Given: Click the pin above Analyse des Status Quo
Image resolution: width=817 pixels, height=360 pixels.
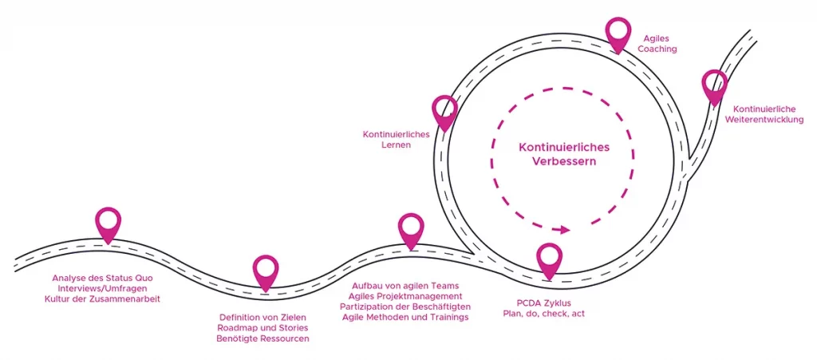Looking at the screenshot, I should click(108, 223).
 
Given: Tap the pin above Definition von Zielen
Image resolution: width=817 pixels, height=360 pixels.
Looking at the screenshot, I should click(266, 270).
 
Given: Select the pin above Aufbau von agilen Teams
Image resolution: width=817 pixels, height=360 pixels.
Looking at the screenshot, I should click(411, 228).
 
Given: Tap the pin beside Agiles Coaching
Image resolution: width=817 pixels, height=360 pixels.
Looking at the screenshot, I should click(618, 33).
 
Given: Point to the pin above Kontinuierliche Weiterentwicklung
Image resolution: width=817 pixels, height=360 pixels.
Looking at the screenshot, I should click(714, 85).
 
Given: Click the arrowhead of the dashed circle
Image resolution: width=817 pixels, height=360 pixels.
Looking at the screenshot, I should click(566, 230).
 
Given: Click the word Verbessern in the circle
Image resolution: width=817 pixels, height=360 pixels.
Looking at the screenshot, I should click(564, 161).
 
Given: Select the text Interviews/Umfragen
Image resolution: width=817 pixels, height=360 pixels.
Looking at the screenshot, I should click(107, 288).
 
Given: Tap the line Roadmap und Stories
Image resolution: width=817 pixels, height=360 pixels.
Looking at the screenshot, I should click(262, 327).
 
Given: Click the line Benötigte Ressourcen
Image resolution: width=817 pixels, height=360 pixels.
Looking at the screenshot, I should click(262, 338).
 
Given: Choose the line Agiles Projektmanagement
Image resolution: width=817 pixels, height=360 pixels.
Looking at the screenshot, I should click(405, 296).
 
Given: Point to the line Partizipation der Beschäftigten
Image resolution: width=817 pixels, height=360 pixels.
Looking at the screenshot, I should click(405, 307).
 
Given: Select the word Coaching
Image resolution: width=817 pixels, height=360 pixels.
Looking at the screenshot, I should click(657, 49).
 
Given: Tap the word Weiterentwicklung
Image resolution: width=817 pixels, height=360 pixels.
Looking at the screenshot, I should click(764, 120).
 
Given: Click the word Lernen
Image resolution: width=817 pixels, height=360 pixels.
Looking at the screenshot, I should click(397, 145).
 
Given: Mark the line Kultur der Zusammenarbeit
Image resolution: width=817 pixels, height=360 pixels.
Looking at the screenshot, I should click(107, 299).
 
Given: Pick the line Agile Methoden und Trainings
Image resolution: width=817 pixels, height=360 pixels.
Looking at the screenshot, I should click(405, 317).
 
